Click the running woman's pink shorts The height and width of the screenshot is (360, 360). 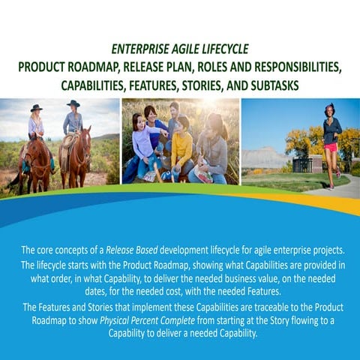tap(330, 147)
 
